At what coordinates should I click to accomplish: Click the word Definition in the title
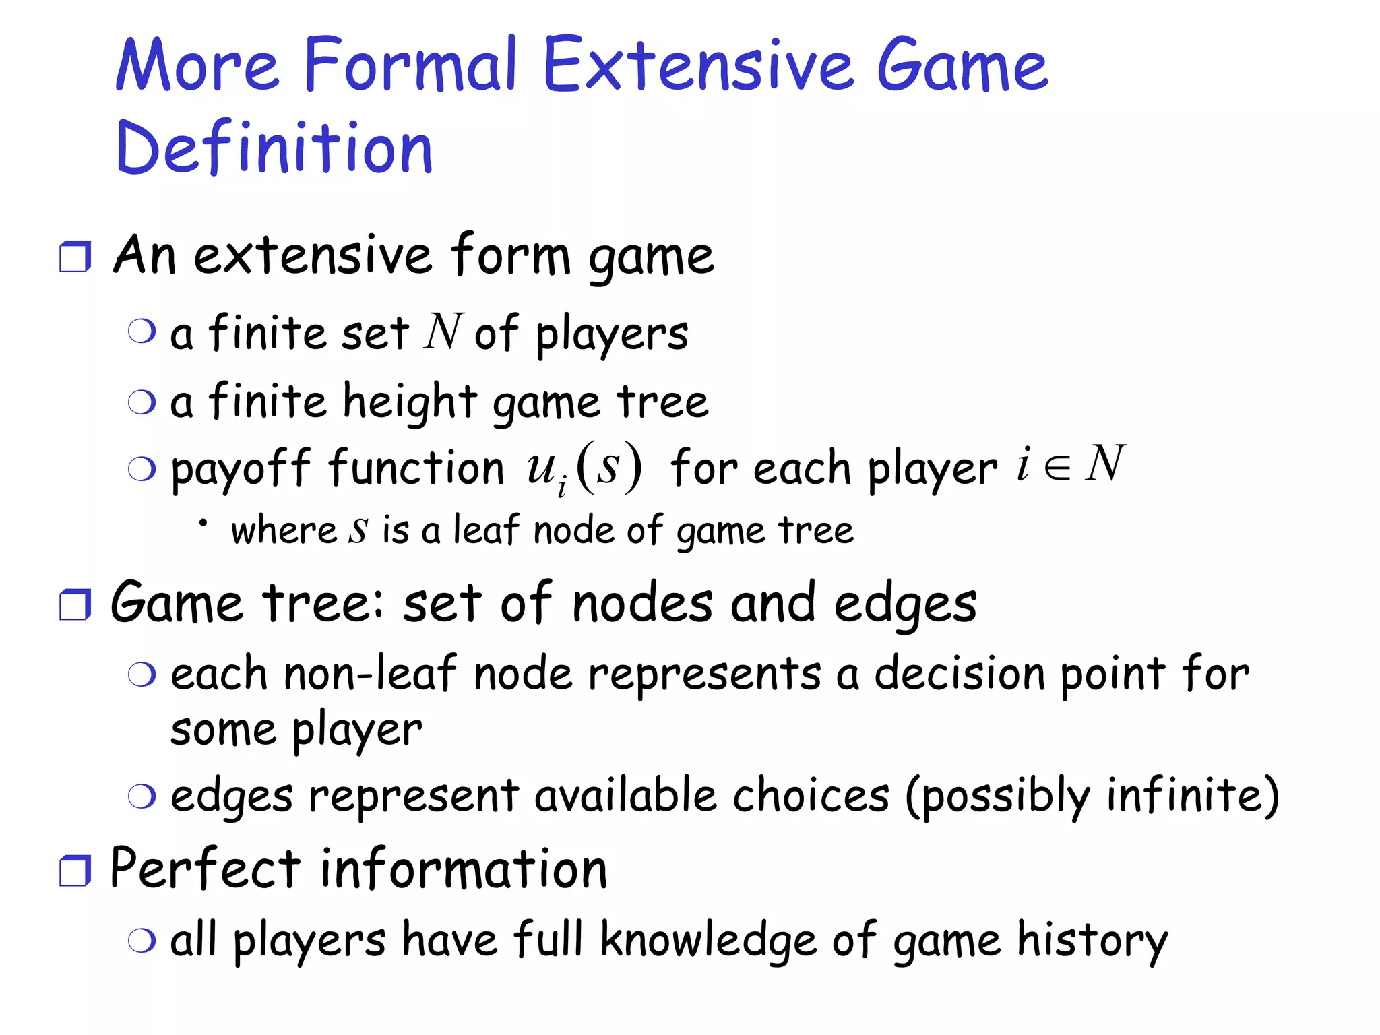click(x=274, y=148)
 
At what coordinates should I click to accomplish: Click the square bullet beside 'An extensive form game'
click(x=75, y=257)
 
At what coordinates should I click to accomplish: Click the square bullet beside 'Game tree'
click(x=75, y=604)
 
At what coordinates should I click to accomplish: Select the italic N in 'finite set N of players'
click(x=443, y=332)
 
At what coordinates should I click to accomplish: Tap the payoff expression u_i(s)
click(x=584, y=468)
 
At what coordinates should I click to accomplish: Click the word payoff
click(x=241, y=469)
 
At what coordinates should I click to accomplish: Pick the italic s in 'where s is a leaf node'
click(x=358, y=530)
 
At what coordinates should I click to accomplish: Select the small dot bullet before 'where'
click(x=202, y=522)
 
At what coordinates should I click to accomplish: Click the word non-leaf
click(x=370, y=674)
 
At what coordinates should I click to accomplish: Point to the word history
click(x=1092, y=941)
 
